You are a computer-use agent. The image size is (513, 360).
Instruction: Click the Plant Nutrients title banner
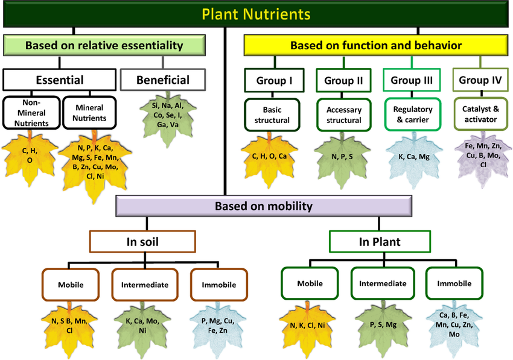tap(256, 14)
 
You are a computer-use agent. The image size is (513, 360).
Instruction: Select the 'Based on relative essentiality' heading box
tap(104, 45)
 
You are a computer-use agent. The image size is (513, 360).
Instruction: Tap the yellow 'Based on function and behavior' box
tap(376, 45)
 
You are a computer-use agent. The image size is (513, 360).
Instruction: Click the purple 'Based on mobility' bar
tap(264, 206)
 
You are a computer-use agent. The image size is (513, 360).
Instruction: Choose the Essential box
tap(60, 80)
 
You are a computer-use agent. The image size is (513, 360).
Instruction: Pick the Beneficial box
tap(163, 80)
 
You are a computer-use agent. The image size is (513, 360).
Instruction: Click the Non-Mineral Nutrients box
tap(31, 113)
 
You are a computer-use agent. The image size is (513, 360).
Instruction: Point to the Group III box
tap(412, 80)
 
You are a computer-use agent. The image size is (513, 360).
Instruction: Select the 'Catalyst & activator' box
tap(480, 114)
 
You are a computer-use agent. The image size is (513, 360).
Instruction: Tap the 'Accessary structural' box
tap(343, 115)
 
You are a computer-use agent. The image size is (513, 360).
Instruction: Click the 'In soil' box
tap(142, 242)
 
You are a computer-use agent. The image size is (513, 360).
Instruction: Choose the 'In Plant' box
tap(380, 242)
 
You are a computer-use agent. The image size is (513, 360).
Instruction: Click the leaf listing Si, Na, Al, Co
tap(168, 118)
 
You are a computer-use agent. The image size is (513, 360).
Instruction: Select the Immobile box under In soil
tap(219, 285)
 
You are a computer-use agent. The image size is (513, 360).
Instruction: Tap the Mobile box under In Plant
tap(310, 283)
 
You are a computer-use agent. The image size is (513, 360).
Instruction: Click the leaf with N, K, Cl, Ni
tap(307, 329)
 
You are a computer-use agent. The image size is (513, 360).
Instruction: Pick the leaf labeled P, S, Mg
tap(383, 329)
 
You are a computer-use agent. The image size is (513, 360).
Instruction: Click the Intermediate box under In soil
tap(145, 285)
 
